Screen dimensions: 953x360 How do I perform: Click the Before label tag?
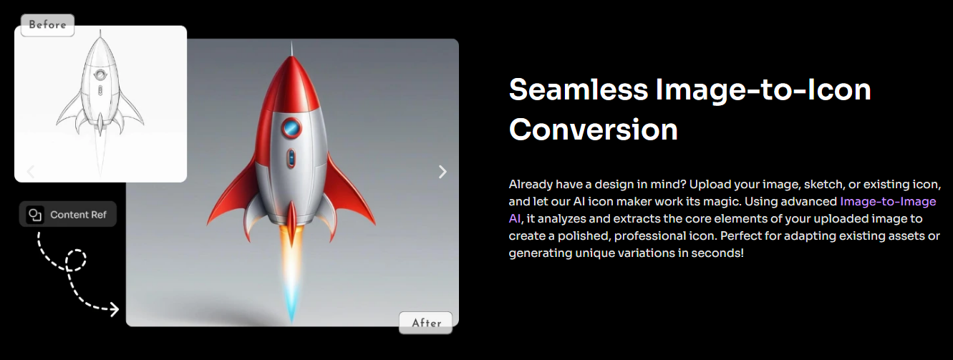point(48,25)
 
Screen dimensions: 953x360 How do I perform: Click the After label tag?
point(425,323)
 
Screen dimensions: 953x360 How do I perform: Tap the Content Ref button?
point(67,214)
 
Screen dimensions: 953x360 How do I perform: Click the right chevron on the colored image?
point(442,172)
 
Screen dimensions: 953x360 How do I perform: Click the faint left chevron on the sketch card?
point(30,172)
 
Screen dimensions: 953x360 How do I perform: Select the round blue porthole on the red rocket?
point(291,127)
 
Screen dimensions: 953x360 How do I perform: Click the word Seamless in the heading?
point(579,90)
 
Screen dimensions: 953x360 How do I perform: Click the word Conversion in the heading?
point(593,130)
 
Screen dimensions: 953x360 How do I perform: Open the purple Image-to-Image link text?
point(888,201)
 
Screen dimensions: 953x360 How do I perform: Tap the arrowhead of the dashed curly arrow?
point(114,309)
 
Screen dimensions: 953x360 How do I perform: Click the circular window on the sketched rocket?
point(100,75)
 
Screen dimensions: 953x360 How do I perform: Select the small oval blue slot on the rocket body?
point(291,158)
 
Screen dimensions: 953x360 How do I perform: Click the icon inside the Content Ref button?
point(35,214)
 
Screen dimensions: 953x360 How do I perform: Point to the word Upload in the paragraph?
point(708,185)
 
